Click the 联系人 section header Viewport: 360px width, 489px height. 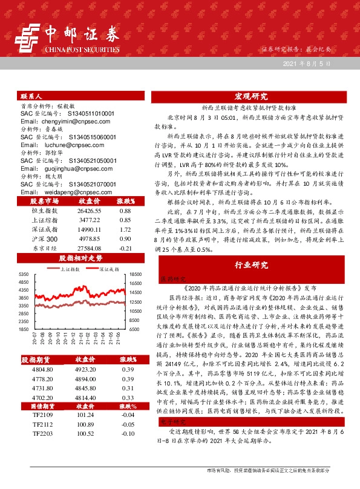(x=31, y=96)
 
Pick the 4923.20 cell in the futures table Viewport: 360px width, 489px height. (x=85, y=369)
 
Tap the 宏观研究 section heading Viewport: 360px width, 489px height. (x=250, y=97)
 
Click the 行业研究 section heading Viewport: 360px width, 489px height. (x=250, y=265)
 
